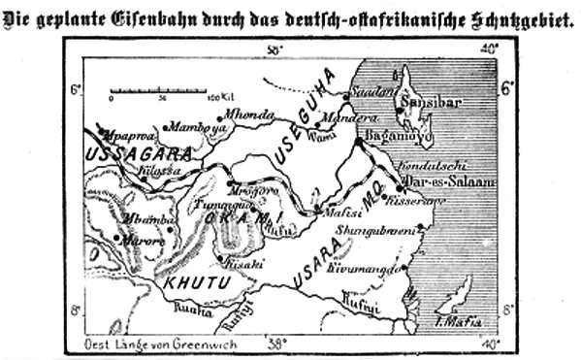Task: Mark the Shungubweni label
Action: click(x=373, y=230)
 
